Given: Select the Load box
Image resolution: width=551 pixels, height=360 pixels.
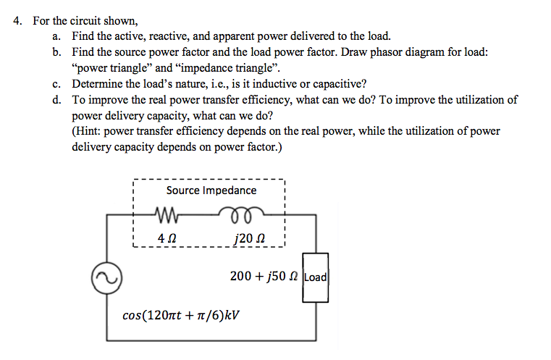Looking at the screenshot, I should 315,277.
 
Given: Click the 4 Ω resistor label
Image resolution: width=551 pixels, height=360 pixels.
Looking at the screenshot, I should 167,236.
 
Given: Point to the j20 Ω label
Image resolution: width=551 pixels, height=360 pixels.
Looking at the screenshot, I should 242,236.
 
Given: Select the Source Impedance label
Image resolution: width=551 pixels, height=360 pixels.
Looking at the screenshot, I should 211,191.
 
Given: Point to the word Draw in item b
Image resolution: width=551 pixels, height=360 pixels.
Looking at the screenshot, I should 355,52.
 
